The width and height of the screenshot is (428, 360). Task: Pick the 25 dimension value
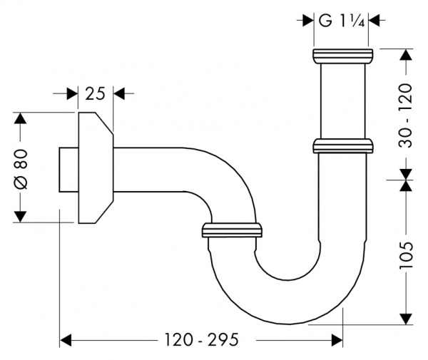click(95, 93)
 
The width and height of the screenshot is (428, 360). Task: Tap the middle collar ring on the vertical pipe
click(342, 146)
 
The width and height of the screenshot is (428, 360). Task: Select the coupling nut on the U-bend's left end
click(233, 230)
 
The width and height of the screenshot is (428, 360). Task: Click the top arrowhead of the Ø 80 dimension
click(20, 118)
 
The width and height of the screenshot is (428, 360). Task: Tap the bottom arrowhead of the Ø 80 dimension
click(20, 216)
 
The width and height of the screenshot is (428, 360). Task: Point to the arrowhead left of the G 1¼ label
click(309, 21)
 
